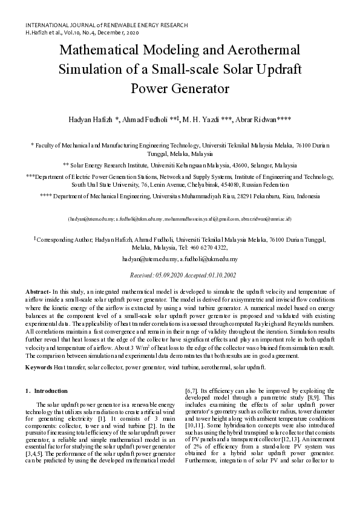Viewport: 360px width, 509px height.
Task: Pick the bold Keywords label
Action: [x=41, y=367]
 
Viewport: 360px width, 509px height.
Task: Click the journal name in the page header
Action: [x=106, y=25]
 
